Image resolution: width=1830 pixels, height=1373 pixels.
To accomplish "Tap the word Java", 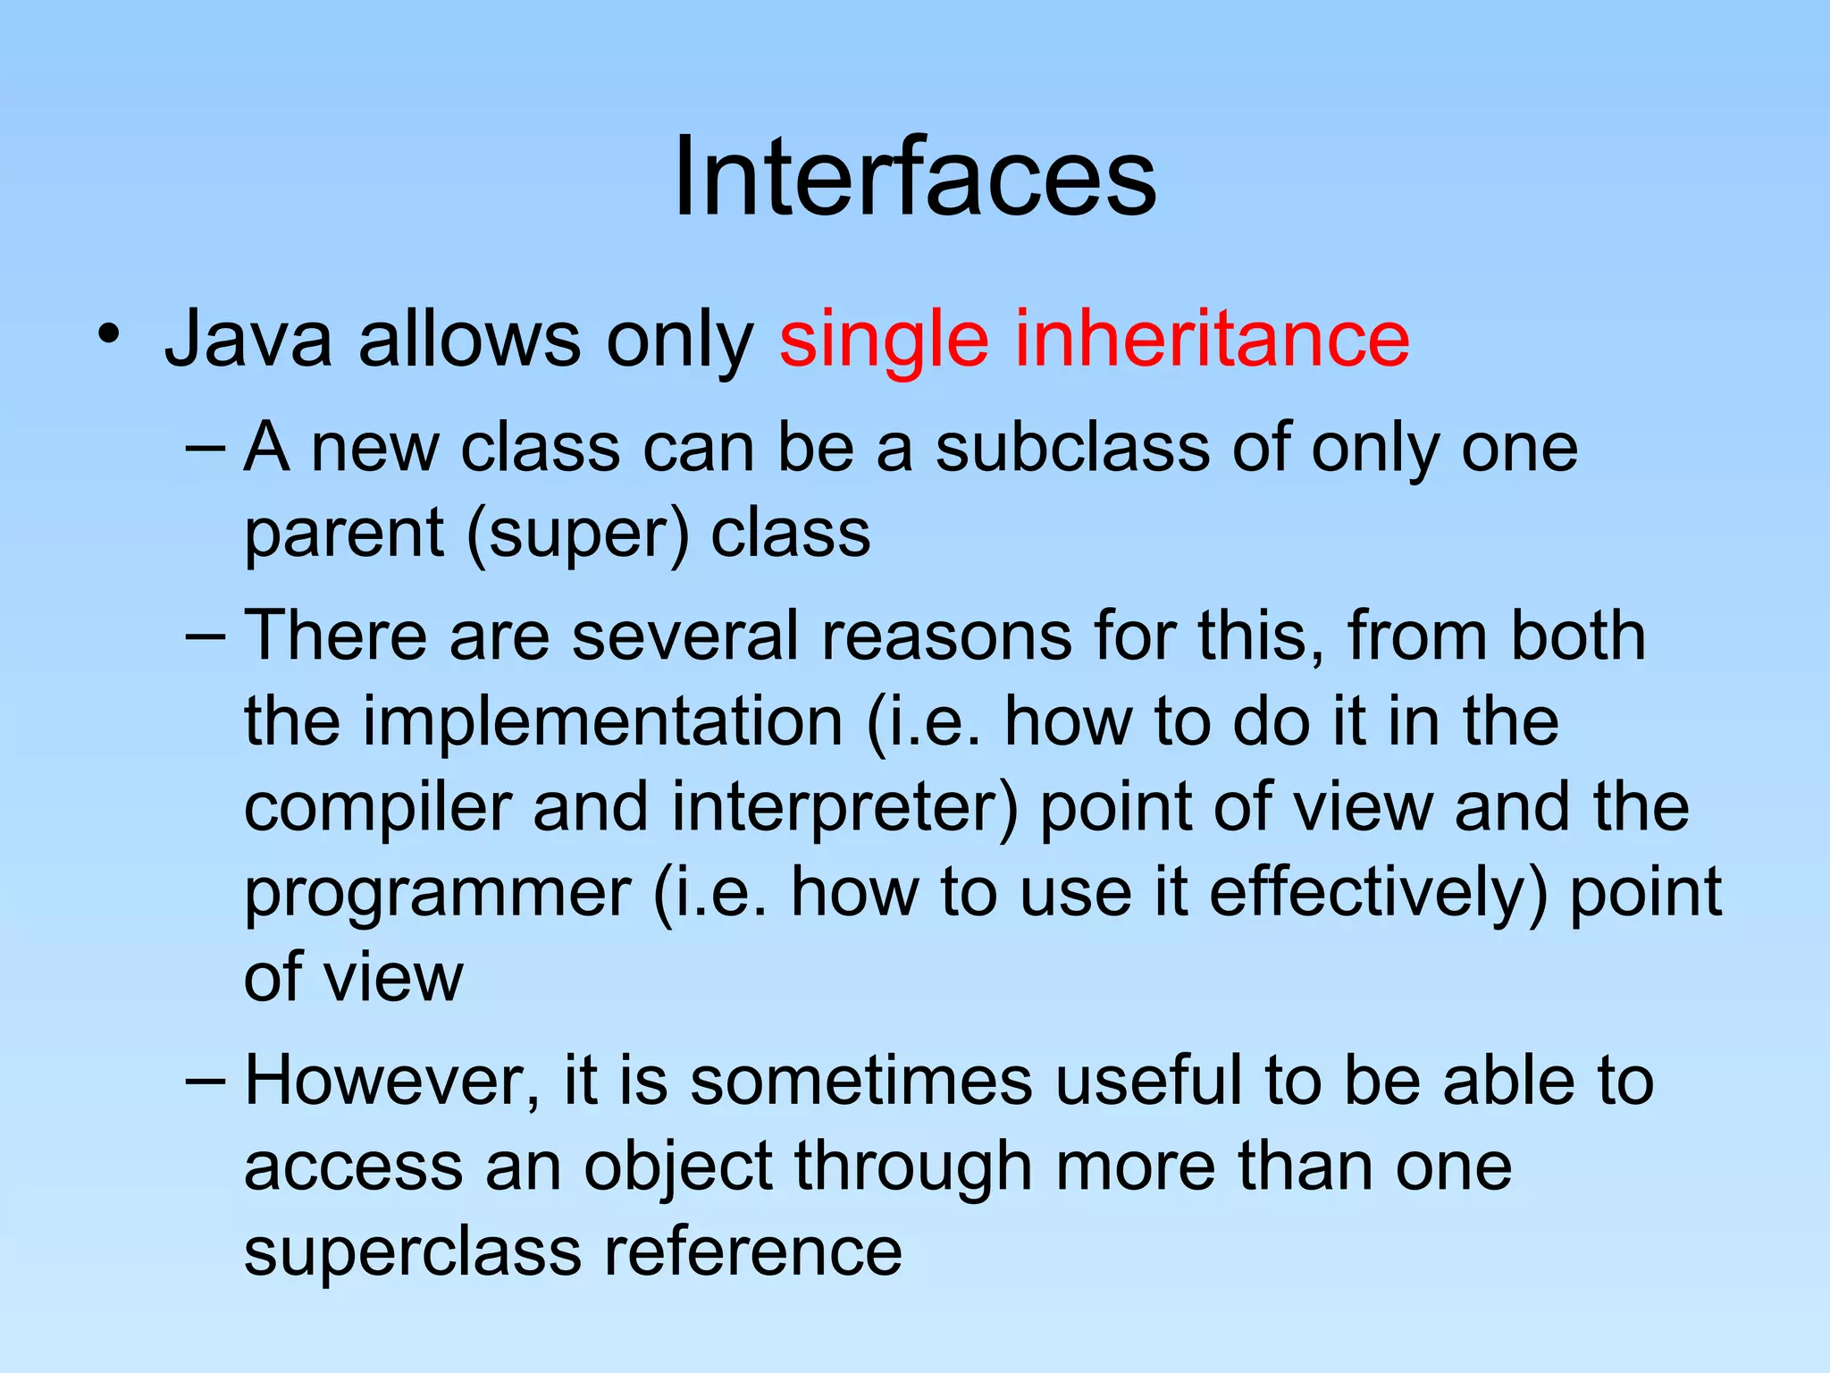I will pos(248,340).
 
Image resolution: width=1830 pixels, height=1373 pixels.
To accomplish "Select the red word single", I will pos(884,340).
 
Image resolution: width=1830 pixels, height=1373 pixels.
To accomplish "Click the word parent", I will pos(344,534).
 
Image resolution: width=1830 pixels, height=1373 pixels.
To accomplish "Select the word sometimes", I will pos(861,1081).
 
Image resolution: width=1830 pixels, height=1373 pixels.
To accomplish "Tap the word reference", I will pos(752,1252).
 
